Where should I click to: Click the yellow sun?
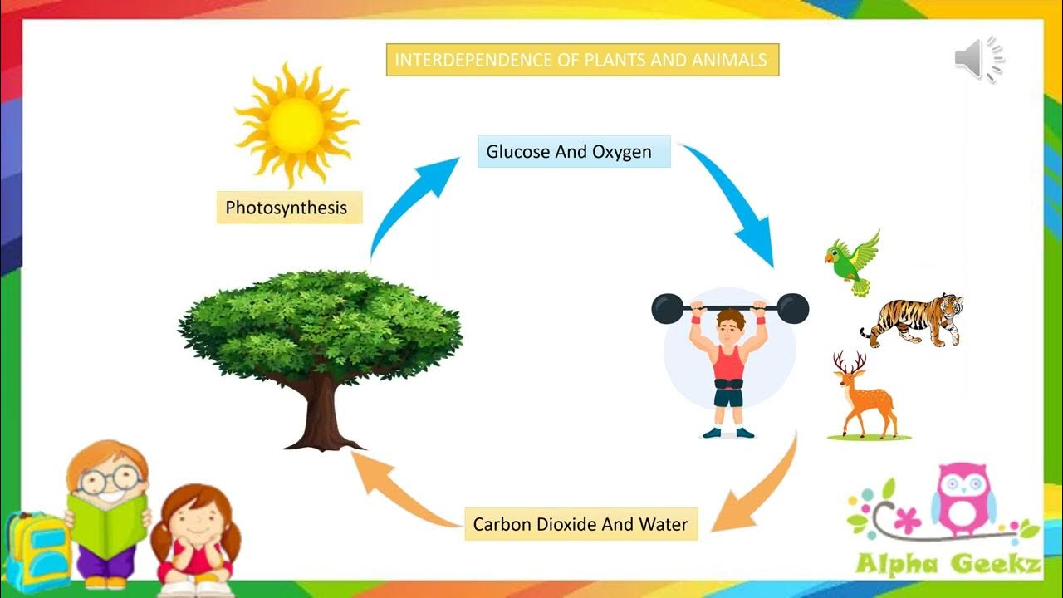point(296,125)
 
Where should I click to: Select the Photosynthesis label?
point(287,208)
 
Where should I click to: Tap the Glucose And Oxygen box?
point(573,152)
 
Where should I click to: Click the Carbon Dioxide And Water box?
point(580,524)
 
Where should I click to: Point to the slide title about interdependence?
point(582,60)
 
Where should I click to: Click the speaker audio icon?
point(977,60)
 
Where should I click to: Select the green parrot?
point(853,262)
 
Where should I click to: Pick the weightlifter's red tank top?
point(728,362)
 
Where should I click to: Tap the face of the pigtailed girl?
point(193,523)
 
